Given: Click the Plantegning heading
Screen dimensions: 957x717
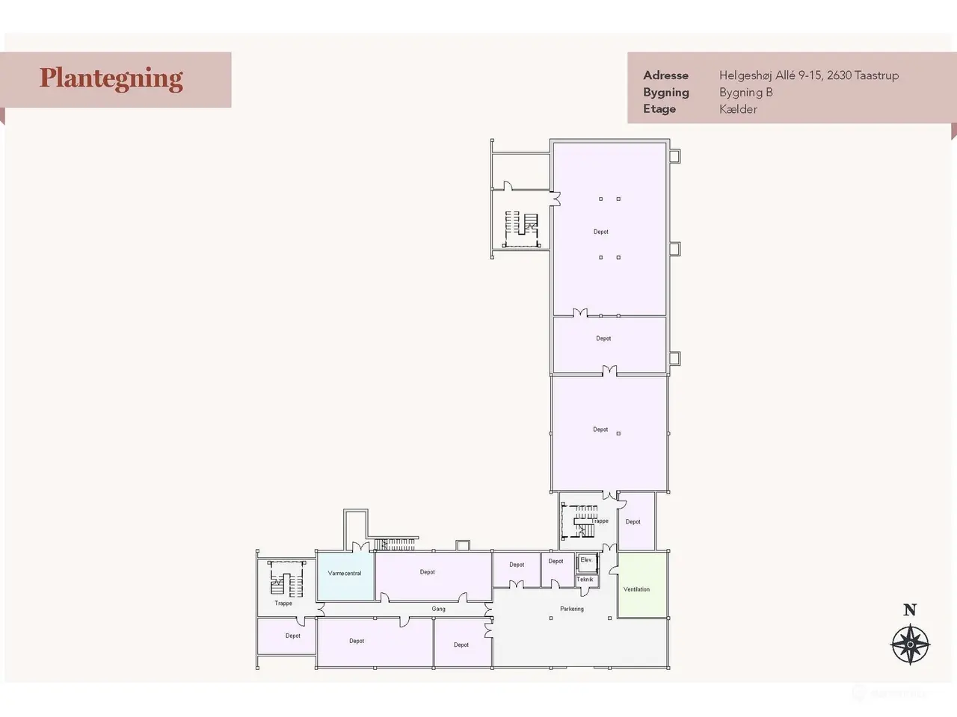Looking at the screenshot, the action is (x=111, y=79).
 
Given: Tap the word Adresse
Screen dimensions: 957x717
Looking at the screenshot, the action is (x=665, y=75).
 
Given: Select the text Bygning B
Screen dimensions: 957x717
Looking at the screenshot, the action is (x=746, y=93).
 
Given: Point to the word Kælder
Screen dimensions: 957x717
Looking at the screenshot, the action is (x=738, y=109).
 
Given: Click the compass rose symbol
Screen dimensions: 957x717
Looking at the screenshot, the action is (x=910, y=645).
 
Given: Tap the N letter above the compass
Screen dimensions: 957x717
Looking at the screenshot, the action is (x=910, y=610).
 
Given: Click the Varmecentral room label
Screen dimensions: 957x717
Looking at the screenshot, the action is (x=345, y=574).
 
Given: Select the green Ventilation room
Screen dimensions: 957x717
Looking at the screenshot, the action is (x=642, y=585).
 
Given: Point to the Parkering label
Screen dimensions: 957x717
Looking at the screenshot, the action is (x=572, y=609).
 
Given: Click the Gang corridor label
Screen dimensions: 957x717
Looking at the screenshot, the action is (x=439, y=609).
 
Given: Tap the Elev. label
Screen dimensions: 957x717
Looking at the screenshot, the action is (x=586, y=560).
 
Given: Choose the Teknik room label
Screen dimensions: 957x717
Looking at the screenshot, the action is (x=585, y=580).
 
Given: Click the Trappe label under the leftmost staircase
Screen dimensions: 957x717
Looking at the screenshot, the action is (x=283, y=603).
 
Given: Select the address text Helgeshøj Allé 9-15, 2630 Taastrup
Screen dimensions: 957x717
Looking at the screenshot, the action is (x=809, y=75).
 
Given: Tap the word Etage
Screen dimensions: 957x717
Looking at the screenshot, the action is (x=659, y=109).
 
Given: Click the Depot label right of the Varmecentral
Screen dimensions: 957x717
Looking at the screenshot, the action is (x=427, y=572).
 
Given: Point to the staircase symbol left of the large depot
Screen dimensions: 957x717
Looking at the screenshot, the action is (x=521, y=229).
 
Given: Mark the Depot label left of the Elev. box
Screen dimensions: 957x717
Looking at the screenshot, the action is (x=556, y=561).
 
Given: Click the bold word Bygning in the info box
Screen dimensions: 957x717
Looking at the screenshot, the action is (x=665, y=93).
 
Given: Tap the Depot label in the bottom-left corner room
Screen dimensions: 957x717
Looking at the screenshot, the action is (x=293, y=636).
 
